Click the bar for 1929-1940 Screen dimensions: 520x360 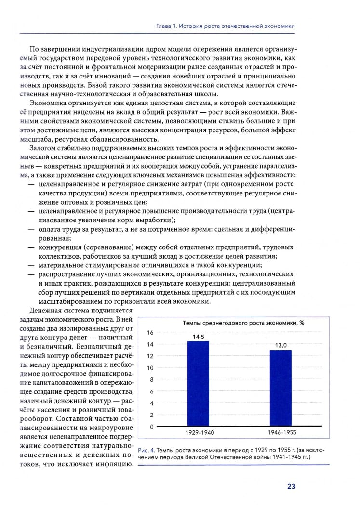click(198, 384)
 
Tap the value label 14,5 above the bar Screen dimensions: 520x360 click(198, 337)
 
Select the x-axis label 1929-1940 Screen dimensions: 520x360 click(198, 433)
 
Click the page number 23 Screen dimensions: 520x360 click(291, 486)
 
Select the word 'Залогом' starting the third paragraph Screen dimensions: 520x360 click(43, 147)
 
